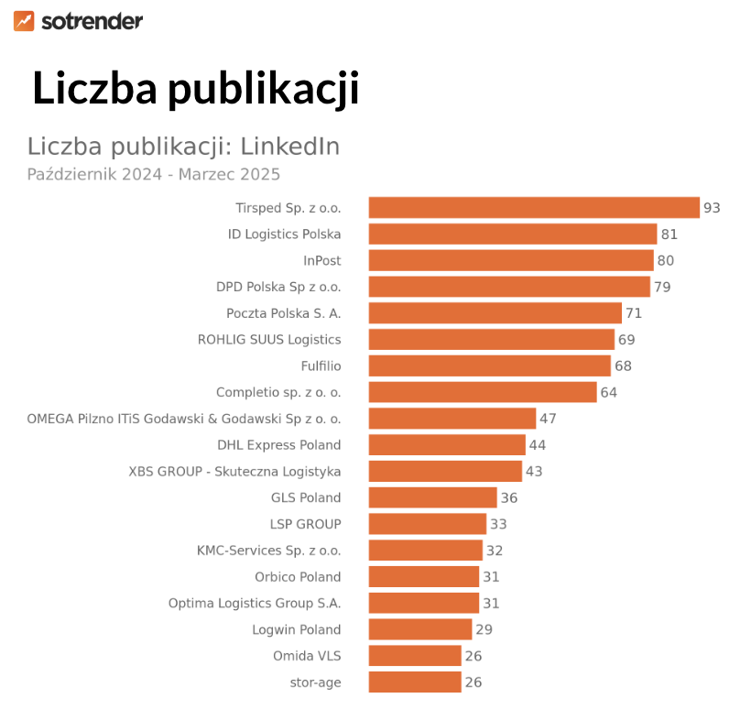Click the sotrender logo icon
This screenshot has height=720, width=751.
[24, 21]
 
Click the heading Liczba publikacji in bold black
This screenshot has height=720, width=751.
[195, 89]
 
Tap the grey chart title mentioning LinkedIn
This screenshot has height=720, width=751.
[183, 147]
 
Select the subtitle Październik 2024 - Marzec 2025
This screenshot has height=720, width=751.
[153, 174]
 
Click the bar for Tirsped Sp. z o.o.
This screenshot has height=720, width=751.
[533, 208]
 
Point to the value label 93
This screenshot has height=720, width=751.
[712, 208]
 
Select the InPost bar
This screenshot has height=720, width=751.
[510, 261]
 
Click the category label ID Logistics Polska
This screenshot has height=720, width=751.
[284, 235]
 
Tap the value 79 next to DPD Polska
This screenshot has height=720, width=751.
[662, 287]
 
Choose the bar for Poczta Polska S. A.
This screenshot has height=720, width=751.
[495, 313]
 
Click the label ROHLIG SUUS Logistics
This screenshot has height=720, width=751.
[269, 340]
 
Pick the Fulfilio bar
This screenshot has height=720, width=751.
[489, 366]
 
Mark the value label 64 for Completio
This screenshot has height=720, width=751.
[609, 393]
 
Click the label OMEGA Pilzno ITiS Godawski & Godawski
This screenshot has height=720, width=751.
[184, 419]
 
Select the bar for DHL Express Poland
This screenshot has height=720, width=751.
[447, 445]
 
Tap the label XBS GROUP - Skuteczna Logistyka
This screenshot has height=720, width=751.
[234, 472]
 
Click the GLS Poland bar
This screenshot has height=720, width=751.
[432, 498]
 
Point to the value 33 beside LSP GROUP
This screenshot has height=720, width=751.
[498, 525]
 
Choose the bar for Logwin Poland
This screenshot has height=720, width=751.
[419, 630]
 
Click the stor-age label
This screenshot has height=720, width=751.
[315, 682]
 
